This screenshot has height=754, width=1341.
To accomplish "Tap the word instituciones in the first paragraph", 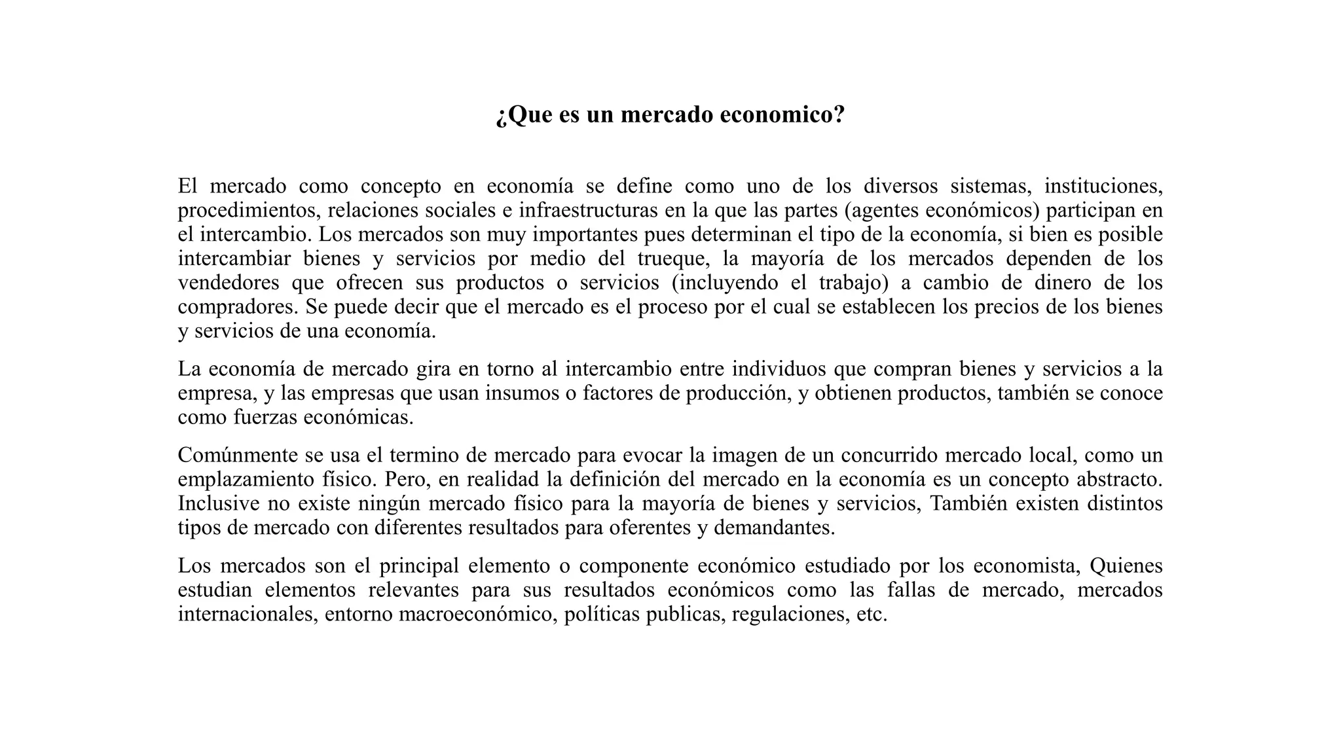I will (1103, 187).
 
